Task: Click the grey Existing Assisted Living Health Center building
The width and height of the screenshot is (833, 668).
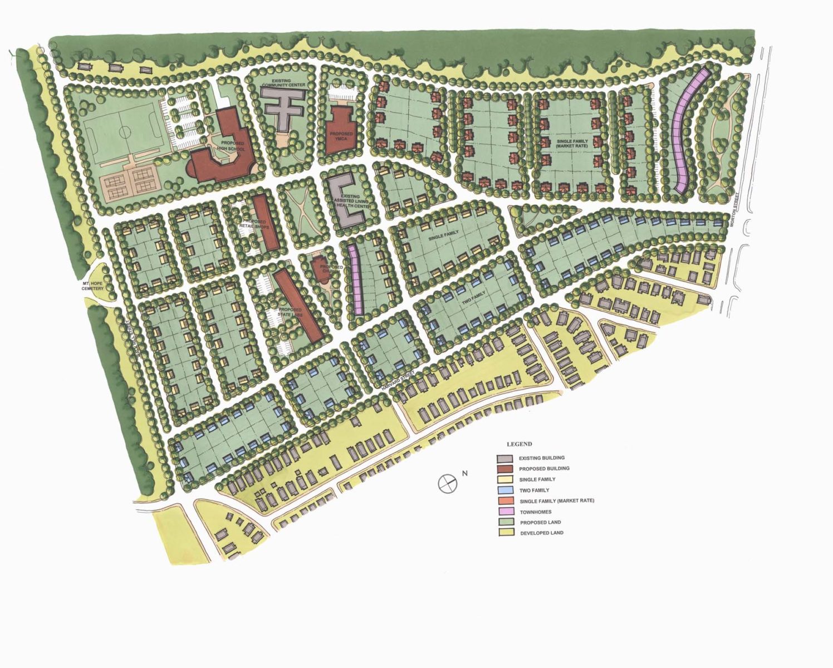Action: (x=347, y=200)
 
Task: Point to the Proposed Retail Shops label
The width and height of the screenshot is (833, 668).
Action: (x=254, y=224)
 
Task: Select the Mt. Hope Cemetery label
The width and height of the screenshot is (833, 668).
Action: (x=93, y=286)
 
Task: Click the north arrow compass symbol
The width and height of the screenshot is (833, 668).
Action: (x=447, y=484)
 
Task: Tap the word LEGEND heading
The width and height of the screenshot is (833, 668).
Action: (x=519, y=444)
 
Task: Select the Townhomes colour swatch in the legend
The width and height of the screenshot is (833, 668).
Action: (x=504, y=512)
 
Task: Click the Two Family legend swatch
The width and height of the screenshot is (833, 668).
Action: (x=504, y=490)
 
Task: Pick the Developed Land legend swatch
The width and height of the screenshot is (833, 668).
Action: (x=504, y=533)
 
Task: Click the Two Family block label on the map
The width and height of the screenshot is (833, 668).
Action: (x=474, y=296)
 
